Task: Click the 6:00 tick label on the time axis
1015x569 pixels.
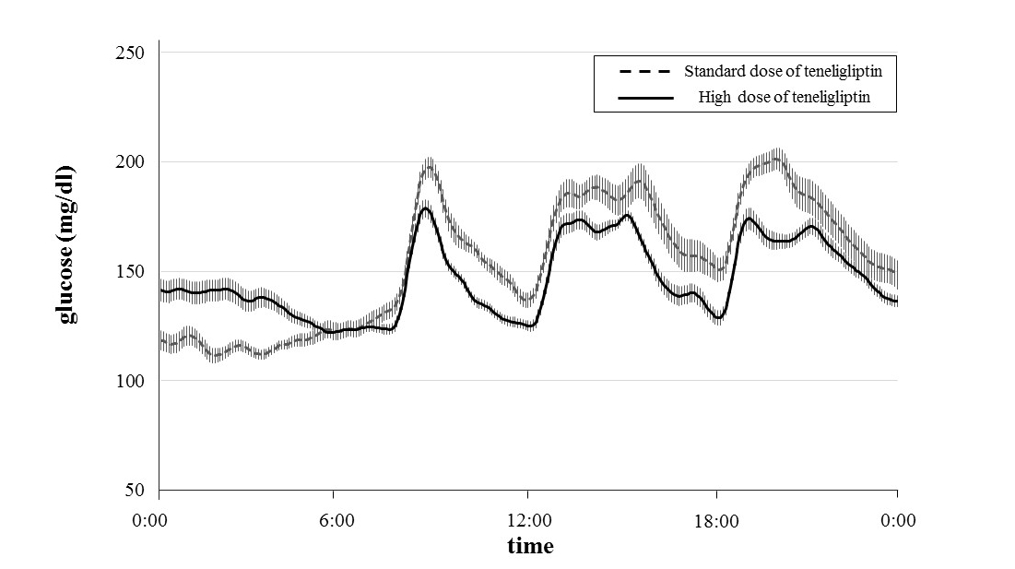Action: click(336, 521)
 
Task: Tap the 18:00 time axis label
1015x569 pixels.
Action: click(716, 521)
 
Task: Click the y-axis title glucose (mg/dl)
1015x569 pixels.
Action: click(67, 243)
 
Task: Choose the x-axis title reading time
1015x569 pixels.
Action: click(530, 546)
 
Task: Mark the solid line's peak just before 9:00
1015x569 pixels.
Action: click(425, 208)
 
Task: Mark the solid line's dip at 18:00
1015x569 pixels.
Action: click(718, 318)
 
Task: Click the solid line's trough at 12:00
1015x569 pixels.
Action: click(530, 326)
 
